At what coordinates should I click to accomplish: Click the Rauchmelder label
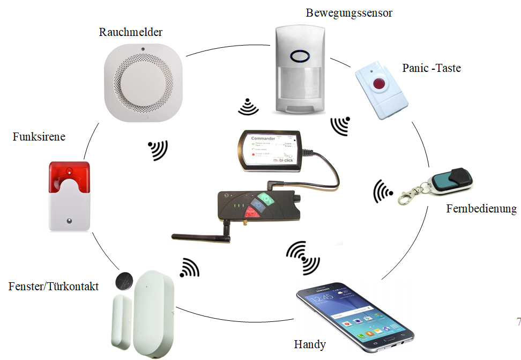pyautogui.click(x=131, y=32)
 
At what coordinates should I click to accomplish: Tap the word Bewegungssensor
pyautogui.click(x=349, y=12)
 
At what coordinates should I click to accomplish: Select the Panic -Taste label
pyautogui.click(x=431, y=69)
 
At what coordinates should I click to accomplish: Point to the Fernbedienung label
pyautogui.click(x=481, y=209)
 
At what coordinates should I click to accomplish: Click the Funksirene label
pyautogui.click(x=39, y=137)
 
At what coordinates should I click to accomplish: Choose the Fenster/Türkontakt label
pyautogui.click(x=54, y=286)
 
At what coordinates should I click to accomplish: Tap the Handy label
pyautogui.click(x=310, y=344)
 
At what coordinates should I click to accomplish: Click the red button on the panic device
pyautogui.click(x=380, y=84)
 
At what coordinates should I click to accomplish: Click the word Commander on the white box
pyautogui.click(x=263, y=138)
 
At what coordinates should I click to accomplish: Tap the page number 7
pyautogui.click(x=518, y=322)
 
